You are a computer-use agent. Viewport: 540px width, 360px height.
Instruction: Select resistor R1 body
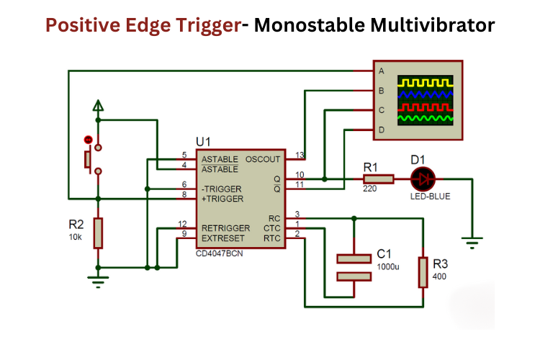pos(378,179)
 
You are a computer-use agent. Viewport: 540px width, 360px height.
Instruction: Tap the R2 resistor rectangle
pos(98,233)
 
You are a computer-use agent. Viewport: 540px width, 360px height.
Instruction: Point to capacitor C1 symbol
pos(354,266)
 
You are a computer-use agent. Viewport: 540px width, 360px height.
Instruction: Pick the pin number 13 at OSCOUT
pos(299,154)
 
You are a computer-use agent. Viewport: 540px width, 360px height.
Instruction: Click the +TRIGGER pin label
pos(222,198)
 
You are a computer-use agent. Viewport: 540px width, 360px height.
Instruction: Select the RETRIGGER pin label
pos(225,228)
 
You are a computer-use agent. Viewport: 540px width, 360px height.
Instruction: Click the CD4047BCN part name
pos(221,253)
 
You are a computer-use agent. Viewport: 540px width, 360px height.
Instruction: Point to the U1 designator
pos(204,142)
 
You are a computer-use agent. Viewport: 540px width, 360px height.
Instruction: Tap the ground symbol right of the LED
pos(472,243)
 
